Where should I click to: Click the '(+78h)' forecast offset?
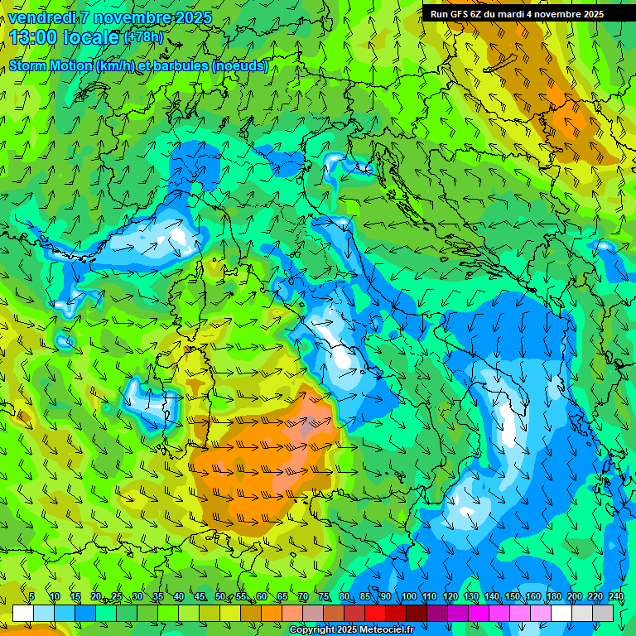coord(143,37)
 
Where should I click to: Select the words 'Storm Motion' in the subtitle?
coord(50,66)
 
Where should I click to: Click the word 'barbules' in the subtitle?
coord(199,66)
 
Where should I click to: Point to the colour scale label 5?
coord(31,597)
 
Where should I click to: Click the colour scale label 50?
coord(219,597)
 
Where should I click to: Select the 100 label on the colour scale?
coord(408,597)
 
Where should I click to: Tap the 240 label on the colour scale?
coord(615,597)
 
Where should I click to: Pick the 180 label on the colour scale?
coord(553,597)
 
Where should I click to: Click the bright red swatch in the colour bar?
coord(375,613)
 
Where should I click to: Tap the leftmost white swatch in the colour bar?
coord(23,613)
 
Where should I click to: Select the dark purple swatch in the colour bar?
coord(437,613)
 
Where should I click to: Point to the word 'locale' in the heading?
coord(89,37)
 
